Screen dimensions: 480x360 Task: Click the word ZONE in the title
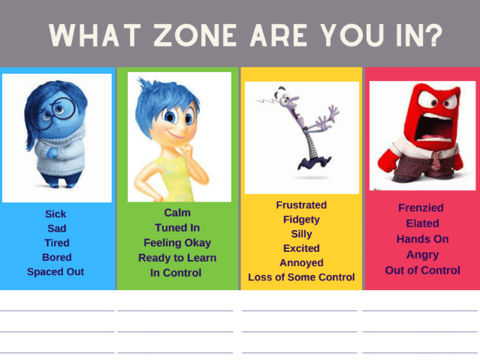(195, 35)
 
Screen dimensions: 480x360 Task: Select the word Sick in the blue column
(56, 214)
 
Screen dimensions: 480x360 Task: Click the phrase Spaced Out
(56, 272)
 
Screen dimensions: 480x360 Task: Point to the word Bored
(57, 257)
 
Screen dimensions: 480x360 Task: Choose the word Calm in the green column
(177, 213)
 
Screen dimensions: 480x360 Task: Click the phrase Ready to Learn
(177, 258)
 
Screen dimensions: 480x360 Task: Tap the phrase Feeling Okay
(177, 243)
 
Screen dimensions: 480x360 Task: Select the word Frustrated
(301, 205)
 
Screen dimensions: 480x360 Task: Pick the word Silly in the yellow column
(301, 234)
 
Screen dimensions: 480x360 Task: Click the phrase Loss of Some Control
(301, 277)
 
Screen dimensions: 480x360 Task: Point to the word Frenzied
(421, 207)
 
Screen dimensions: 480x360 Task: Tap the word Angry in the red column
(423, 255)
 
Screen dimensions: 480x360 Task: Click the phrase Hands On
(423, 239)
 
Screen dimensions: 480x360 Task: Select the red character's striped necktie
(435, 160)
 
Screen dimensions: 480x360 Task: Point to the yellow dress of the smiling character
(174, 177)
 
